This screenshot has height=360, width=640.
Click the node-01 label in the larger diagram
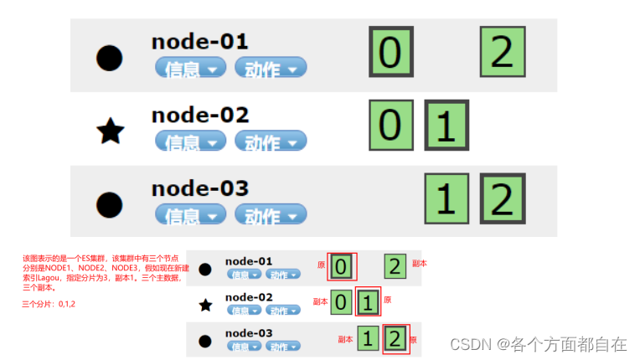199,41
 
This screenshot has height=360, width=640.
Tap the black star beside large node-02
110,131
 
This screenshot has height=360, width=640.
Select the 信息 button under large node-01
190,69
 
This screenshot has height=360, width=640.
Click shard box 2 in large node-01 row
502,52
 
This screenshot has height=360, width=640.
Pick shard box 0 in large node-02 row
390,125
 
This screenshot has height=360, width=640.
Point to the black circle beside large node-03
110,203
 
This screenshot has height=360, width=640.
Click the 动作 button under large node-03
271,215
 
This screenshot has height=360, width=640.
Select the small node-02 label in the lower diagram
249,297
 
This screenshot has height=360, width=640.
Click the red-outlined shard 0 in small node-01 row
342,266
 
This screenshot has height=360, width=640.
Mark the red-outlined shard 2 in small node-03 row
395,338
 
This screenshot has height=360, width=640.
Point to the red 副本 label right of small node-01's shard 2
420,263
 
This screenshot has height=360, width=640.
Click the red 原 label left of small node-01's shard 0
321,265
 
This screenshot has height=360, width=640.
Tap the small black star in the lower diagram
205,306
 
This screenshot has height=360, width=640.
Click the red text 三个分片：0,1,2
49,303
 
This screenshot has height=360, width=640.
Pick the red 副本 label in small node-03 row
345,339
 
